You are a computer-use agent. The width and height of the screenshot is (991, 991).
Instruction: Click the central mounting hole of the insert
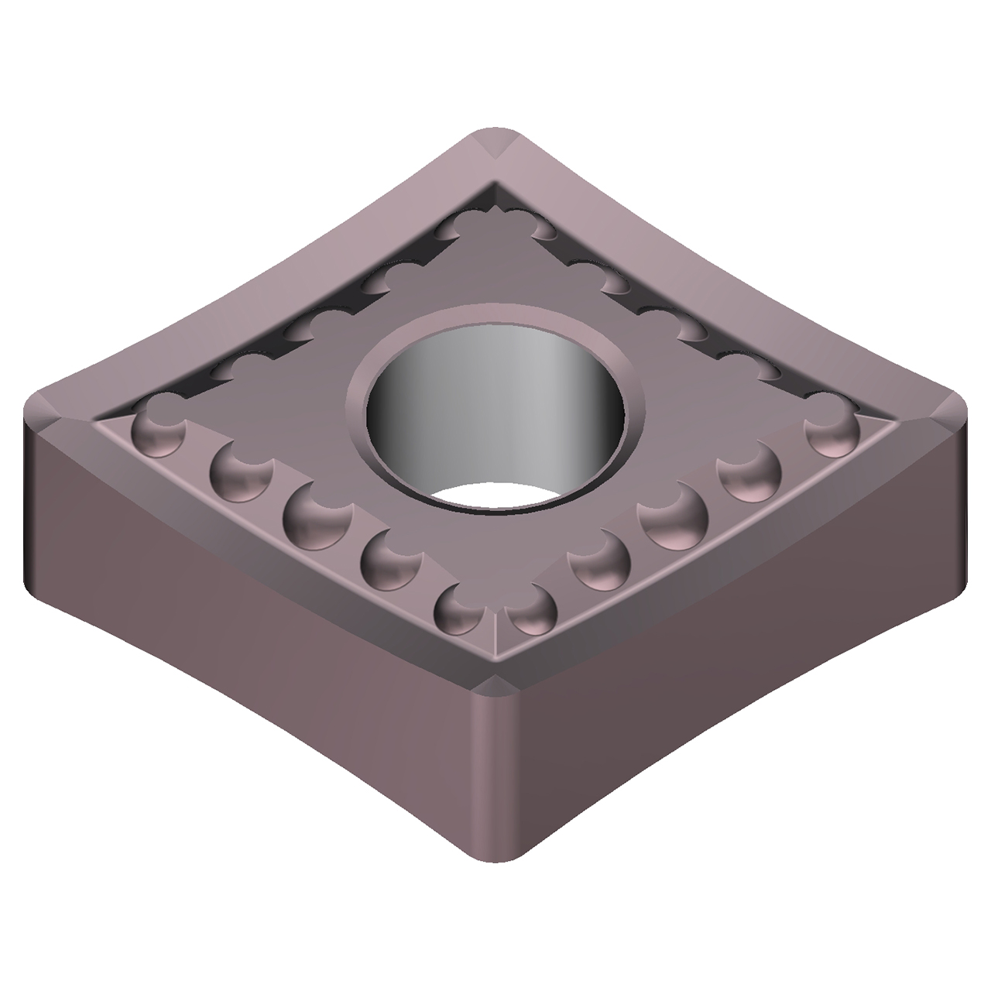[x=495, y=410]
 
